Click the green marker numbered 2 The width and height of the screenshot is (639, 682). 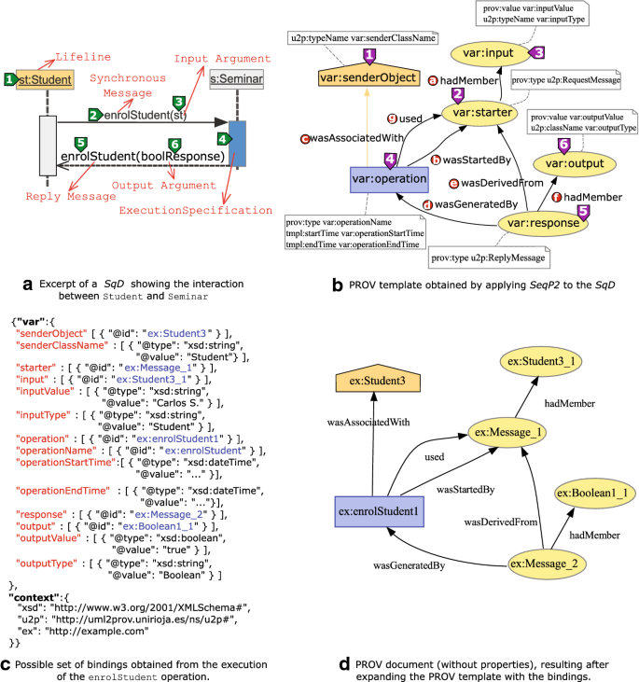pyautogui.click(x=93, y=115)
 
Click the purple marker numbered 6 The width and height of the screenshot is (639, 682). pyautogui.click(x=563, y=145)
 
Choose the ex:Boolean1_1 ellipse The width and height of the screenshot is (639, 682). pyautogui.click(x=591, y=492)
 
